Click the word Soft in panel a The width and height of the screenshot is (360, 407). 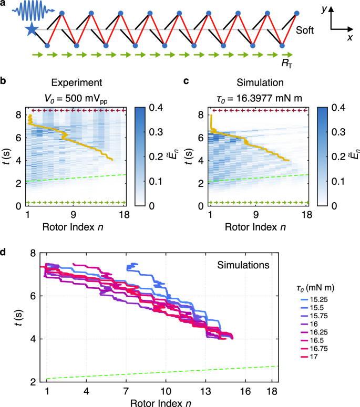point(305,31)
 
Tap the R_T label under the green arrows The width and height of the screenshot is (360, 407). point(287,63)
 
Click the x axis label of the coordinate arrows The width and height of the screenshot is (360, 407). point(349,38)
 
